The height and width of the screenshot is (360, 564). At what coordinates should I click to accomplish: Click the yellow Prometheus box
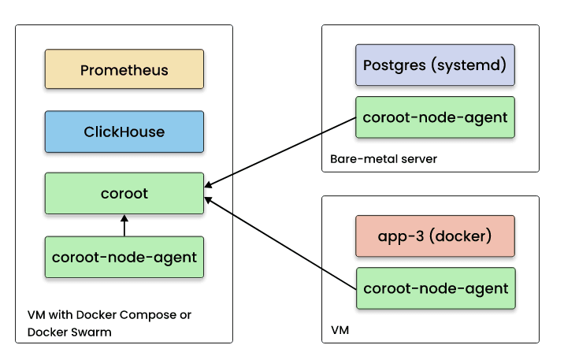pos(124,70)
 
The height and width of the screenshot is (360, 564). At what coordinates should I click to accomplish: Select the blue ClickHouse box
pos(124,132)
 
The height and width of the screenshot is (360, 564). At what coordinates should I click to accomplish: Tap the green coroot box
pos(124,193)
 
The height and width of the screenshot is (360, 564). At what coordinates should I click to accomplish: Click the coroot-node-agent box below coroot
pos(124,257)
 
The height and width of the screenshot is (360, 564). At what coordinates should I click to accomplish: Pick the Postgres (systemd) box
pos(435,65)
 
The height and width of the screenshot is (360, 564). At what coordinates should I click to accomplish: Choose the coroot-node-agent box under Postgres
pos(435,117)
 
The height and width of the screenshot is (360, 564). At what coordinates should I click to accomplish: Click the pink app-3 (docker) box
pos(435,236)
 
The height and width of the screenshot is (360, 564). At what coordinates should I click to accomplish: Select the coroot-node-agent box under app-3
pos(435,288)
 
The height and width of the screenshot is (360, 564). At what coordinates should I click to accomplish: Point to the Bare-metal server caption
pos(384,159)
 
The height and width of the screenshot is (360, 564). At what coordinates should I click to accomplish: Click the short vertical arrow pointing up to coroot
pos(124,225)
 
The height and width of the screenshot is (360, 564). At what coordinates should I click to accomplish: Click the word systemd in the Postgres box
pos(469,65)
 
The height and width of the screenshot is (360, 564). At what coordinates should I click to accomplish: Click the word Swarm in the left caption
pos(91,332)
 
